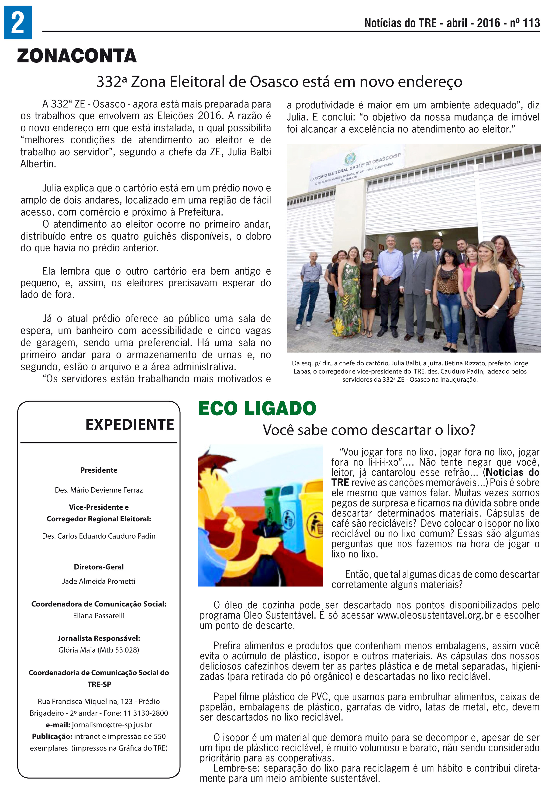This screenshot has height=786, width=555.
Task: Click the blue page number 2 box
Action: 18,22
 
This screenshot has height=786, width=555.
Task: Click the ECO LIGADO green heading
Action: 257,408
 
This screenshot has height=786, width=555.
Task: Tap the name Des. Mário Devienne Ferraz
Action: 99,490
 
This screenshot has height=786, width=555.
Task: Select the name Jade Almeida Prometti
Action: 99,581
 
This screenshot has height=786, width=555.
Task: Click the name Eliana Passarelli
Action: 99,616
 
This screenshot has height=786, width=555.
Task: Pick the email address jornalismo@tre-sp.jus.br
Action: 112,725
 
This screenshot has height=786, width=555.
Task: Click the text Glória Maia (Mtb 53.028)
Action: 99,650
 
